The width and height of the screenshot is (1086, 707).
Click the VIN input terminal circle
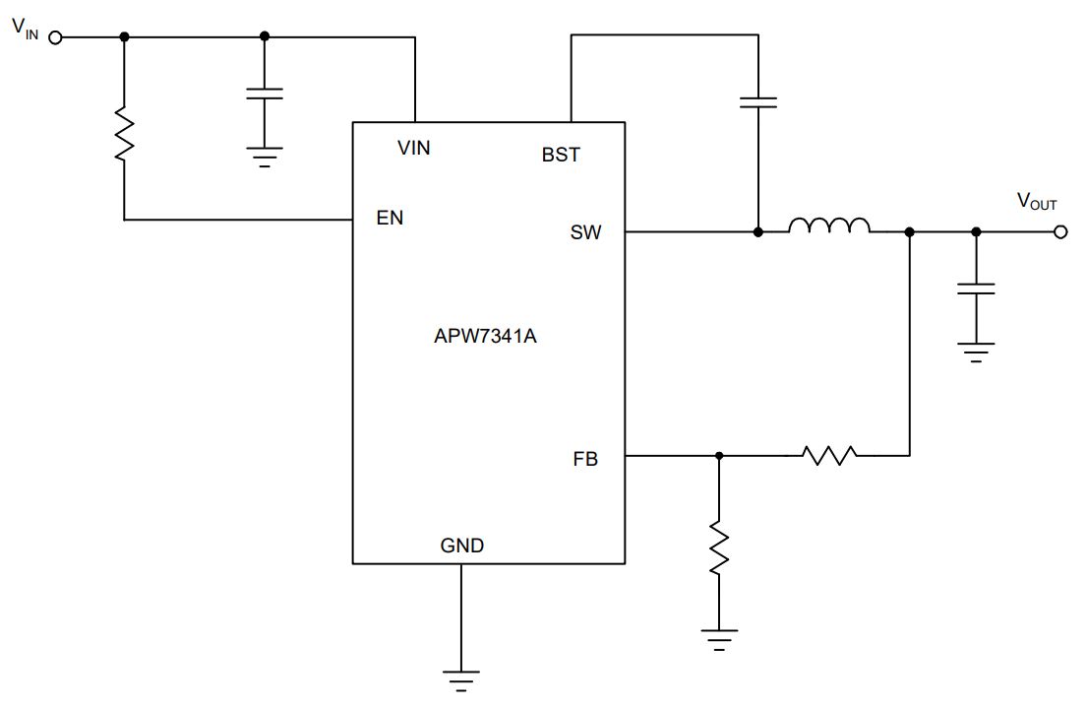pos(55,37)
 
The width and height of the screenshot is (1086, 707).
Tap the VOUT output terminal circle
pos(1060,232)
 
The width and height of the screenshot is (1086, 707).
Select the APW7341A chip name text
pos(485,336)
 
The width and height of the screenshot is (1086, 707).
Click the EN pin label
pos(390,218)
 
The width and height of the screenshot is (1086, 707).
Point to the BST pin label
pos(561,155)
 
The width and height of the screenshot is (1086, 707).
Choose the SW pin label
pos(585,232)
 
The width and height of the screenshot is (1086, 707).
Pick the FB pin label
pos(585,459)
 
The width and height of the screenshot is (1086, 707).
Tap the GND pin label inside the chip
pos(462,546)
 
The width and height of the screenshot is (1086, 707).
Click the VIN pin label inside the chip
pos(413,148)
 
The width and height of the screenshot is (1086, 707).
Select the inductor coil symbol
pos(829,225)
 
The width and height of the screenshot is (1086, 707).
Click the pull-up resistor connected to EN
pos(125,134)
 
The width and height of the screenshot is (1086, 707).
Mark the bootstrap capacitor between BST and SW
pos(758,102)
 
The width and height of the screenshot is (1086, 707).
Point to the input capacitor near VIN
pos(265,94)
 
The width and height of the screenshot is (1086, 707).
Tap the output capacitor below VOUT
pos(976,289)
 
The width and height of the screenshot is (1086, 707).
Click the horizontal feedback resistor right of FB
pos(829,455)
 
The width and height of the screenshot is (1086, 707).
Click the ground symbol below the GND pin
pos(461,680)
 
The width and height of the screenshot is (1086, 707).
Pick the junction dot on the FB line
pos(719,455)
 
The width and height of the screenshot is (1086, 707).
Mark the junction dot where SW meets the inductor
pos(758,232)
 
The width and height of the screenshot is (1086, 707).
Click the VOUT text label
pos(1037,202)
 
